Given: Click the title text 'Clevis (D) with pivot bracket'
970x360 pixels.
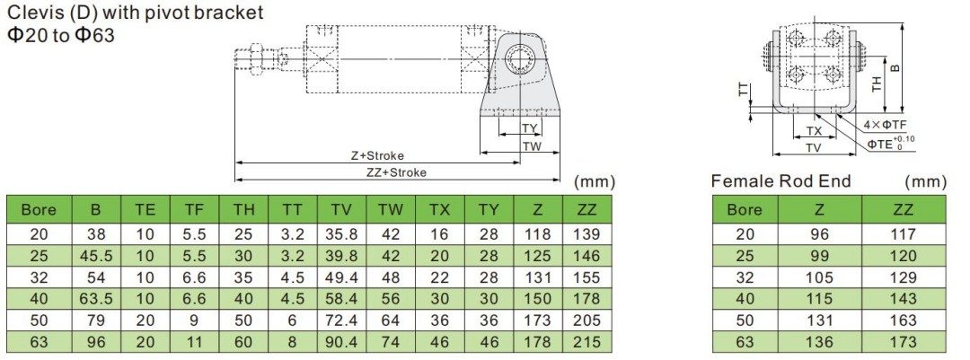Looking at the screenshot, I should [136, 13].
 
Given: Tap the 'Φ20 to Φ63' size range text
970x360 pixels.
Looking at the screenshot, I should [60, 36].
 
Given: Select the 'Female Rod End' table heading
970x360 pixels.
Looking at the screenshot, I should [780, 181].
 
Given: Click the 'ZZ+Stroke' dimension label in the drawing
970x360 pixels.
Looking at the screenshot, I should [396, 171].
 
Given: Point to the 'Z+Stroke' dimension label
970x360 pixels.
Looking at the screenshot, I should [377, 155].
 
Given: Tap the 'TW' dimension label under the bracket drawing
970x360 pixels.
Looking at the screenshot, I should [532, 145].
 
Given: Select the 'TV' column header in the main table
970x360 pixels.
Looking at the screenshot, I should [341, 210].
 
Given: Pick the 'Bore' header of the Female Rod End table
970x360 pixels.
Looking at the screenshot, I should [744, 210].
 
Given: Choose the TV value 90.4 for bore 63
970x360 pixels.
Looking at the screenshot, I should [341, 341].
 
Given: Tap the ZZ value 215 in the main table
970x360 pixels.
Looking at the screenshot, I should [586, 341].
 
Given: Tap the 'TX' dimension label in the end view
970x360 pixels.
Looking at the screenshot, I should [814, 131].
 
